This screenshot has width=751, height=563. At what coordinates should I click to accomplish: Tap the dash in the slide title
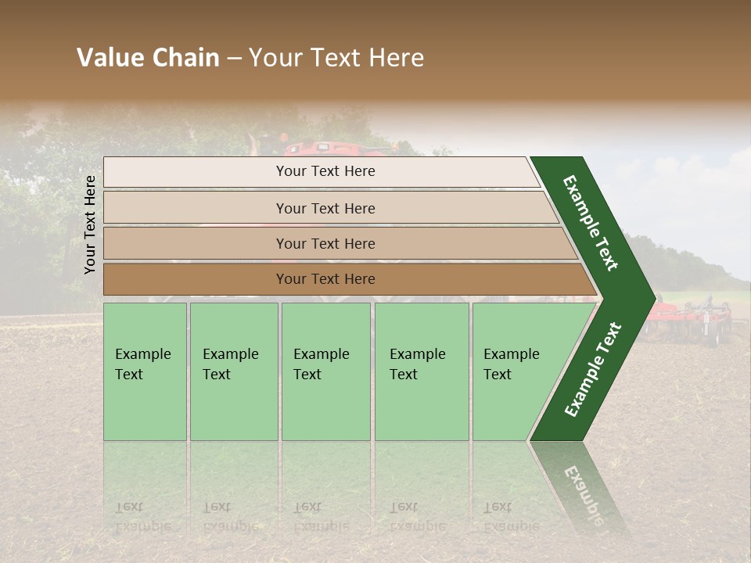(234, 59)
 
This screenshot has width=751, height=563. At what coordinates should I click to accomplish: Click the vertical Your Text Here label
(90, 224)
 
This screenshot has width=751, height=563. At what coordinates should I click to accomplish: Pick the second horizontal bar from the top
(325, 208)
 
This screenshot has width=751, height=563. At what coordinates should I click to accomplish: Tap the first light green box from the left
(145, 371)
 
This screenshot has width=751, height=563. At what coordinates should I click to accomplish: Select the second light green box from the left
(233, 371)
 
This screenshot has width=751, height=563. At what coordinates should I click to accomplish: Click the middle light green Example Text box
(325, 371)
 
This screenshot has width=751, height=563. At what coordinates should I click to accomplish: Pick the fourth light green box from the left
(421, 371)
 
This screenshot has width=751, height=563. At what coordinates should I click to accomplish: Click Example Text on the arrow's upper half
(591, 223)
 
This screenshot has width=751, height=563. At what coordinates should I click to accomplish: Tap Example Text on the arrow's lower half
(593, 369)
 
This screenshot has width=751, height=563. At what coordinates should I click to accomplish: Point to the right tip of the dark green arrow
(653, 298)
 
